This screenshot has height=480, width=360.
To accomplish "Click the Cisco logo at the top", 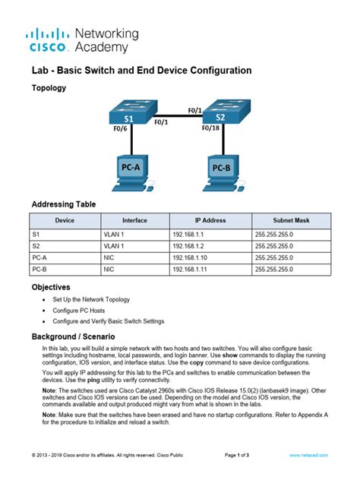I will coord(49,39).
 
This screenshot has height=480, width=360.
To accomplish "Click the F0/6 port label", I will coord(120,128).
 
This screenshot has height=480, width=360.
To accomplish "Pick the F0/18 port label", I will coord(210,128).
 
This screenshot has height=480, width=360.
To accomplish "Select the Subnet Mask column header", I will coord(292,220).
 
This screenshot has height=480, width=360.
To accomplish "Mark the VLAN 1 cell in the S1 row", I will coord(114,235).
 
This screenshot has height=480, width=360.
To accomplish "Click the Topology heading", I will coord(49,88).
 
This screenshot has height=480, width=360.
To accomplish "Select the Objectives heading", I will coord(51,288).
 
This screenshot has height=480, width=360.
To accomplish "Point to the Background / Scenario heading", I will coord(73,336).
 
